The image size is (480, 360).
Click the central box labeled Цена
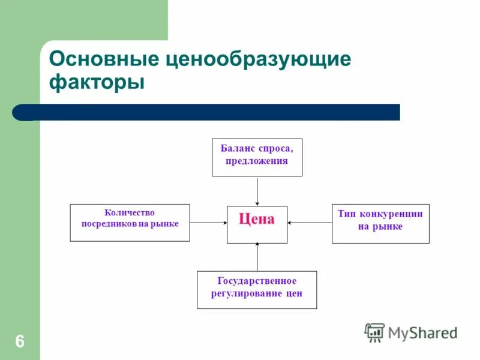(x=257, y=224)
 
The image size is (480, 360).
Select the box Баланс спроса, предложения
(x=257, y=157)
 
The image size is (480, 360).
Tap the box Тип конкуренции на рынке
(x=380, y=223)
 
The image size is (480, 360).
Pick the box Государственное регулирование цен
(x=257, y=290)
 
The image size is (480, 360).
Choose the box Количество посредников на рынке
(x=130, y=223)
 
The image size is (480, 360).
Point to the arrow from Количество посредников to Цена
(x=208, y=223)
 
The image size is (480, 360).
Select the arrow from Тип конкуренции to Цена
(x=310, y=223)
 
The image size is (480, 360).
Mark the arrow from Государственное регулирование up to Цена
(x=257, y=257)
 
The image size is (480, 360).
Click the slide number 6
(x=20, y=342)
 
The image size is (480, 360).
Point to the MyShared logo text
(x=422, y=332)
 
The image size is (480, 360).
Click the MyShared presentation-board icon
(x=375, y=332)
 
